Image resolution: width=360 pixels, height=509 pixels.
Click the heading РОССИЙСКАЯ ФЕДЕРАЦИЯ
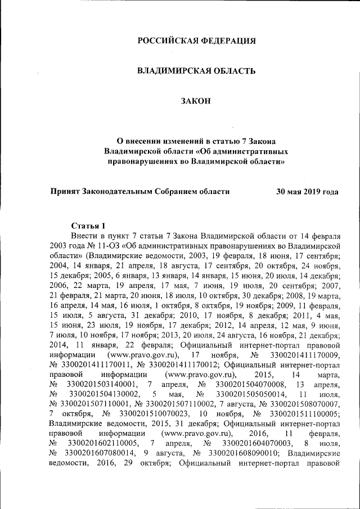[x=197, y=40]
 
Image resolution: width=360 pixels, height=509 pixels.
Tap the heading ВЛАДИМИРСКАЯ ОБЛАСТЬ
[x=197, y=71]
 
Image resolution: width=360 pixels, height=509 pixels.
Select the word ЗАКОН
[x=197, y=101]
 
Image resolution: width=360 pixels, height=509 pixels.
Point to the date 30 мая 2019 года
[x=307, y=191]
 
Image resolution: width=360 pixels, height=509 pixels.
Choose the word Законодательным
[x=118, y=191]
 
